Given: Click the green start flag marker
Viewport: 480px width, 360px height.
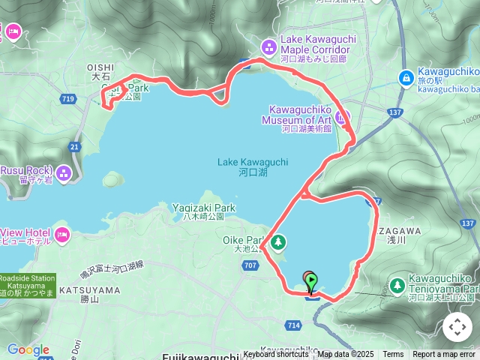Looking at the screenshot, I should point(311,282).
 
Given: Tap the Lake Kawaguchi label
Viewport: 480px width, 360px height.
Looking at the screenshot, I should point(242,166).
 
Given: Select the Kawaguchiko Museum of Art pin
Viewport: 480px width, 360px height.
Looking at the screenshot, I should point(343,117).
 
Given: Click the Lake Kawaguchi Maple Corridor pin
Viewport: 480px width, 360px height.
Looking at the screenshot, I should point(271,44).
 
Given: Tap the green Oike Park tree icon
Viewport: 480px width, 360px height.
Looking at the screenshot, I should point(278,241).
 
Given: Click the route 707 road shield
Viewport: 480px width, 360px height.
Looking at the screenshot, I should point(250,265).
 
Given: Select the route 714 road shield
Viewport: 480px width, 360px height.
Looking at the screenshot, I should point(292,325).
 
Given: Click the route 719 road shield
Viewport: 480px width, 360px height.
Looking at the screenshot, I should point(69,99).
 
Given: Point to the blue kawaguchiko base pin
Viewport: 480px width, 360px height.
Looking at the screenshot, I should point(406,76).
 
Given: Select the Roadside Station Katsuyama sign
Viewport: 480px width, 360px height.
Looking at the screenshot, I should point(27,284).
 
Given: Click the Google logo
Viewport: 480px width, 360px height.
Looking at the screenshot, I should point(28,349).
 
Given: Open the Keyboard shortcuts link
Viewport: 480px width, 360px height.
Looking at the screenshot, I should point(275,354).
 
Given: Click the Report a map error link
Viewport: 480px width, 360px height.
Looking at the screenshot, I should point(444,354).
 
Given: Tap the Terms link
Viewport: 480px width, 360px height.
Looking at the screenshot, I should point(393,354).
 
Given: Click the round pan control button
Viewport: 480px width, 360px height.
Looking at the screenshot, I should point(457,327).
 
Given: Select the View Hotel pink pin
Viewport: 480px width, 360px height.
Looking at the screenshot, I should point(62,235).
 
